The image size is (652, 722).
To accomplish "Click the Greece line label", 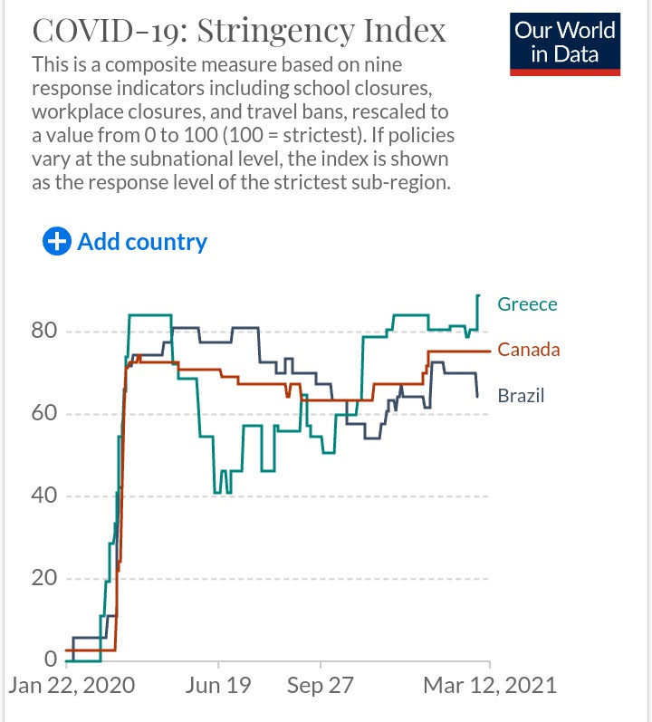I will pos(527,304).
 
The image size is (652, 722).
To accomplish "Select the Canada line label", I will pos(529,350).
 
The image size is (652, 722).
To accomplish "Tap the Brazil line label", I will pos(521,396).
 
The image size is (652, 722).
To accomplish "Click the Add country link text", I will pos(142,242).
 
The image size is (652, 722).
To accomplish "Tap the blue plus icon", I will pos(57,242).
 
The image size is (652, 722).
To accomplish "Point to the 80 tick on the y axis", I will pos(44,331).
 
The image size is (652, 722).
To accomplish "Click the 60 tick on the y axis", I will pos(44,414).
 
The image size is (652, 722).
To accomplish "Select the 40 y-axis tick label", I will pos(44,496).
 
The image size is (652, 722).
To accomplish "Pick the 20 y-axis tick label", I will pos(44,579).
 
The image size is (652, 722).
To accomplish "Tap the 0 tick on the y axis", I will pos(51,659).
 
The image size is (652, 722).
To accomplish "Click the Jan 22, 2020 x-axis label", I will pos(72,685).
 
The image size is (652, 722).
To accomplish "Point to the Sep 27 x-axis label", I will pos(320,685).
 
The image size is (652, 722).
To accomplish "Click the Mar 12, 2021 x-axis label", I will pos(488,685).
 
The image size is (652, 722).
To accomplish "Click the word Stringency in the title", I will pos(271,31).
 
